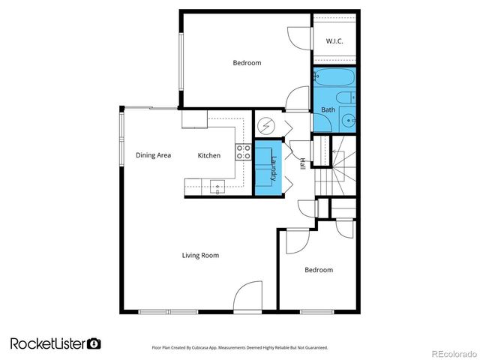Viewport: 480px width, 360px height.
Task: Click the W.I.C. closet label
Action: click(334, 40)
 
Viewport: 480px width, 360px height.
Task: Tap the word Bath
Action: click(328, 109)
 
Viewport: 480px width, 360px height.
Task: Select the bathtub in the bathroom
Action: click(334, 78)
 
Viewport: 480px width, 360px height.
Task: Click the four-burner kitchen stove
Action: click(244, 152)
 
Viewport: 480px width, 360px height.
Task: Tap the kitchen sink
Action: click(217, 185)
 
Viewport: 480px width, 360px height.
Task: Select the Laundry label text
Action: click(274, 168)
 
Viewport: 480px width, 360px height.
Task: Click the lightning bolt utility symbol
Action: click(266, 126)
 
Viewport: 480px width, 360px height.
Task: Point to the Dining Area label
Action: click(153, 155)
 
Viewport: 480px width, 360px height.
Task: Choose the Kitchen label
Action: click(208, 155)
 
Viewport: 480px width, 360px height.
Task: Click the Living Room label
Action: click(200, 255)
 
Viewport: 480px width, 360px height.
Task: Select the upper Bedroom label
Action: click(247, 63)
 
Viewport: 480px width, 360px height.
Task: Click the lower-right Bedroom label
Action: click(318, 269)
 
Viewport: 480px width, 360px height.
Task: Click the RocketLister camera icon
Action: click(94, 343)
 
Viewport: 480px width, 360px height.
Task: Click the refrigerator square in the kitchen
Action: click(193, 118)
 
